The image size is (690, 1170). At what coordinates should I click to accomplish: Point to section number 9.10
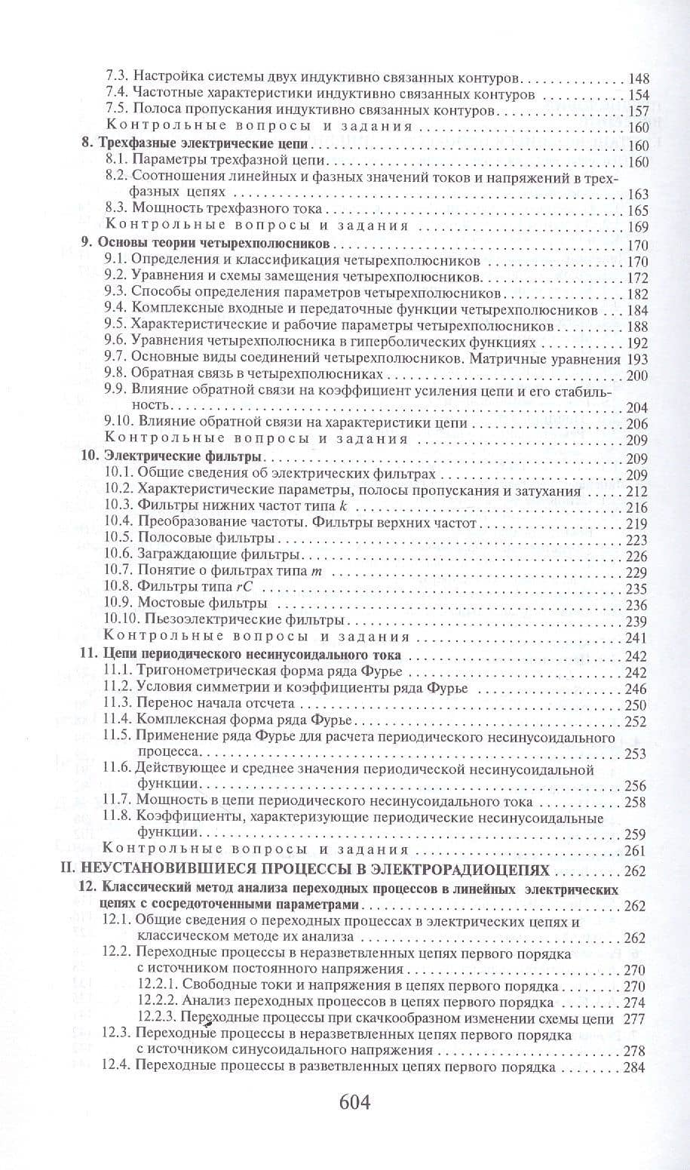click(x=115, y=423)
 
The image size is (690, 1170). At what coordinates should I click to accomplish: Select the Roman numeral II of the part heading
click(x=87, y=870)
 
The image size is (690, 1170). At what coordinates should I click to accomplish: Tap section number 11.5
click(x=117, y=736)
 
